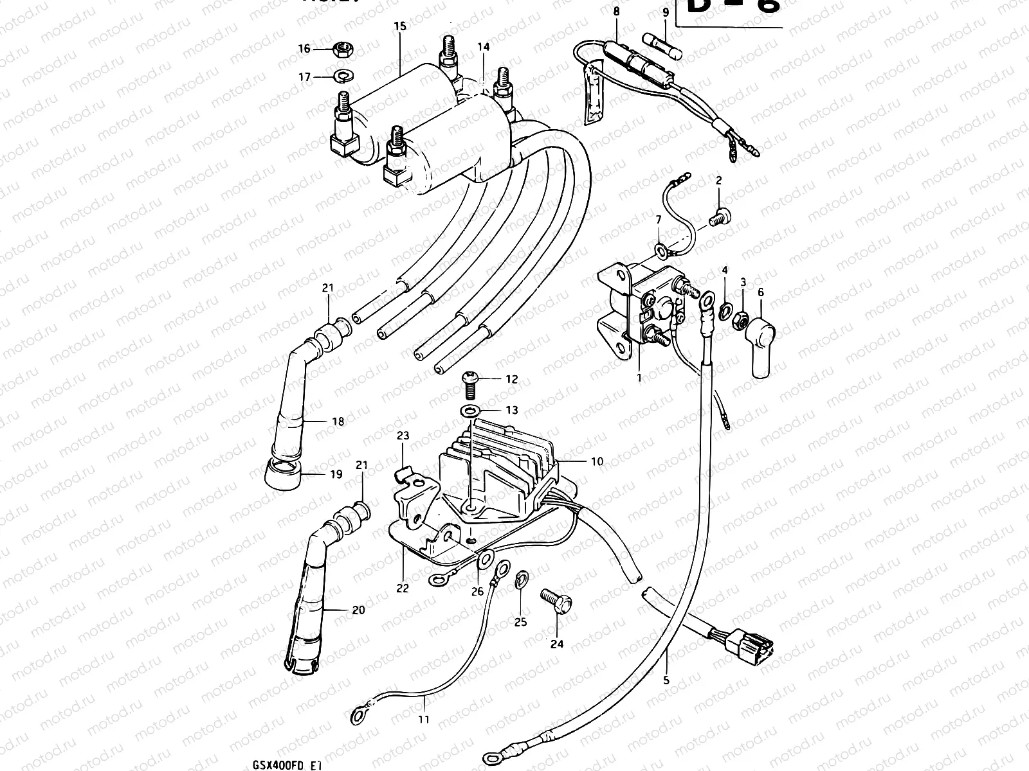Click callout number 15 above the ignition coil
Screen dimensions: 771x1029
(399, 26)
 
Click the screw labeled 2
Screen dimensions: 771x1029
(720, 216)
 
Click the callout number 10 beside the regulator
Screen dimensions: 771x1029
(597, 461)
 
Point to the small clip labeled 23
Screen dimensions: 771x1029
(401, 474)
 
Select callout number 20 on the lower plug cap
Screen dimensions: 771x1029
(358, 609)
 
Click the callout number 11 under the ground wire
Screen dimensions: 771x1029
(423, 720)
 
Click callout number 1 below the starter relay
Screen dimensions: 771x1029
(639, 378)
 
